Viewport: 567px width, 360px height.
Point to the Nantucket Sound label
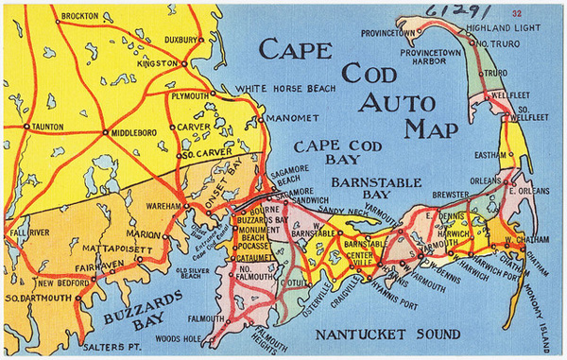click(387, 334)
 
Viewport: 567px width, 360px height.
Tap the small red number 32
click(542, 14)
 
